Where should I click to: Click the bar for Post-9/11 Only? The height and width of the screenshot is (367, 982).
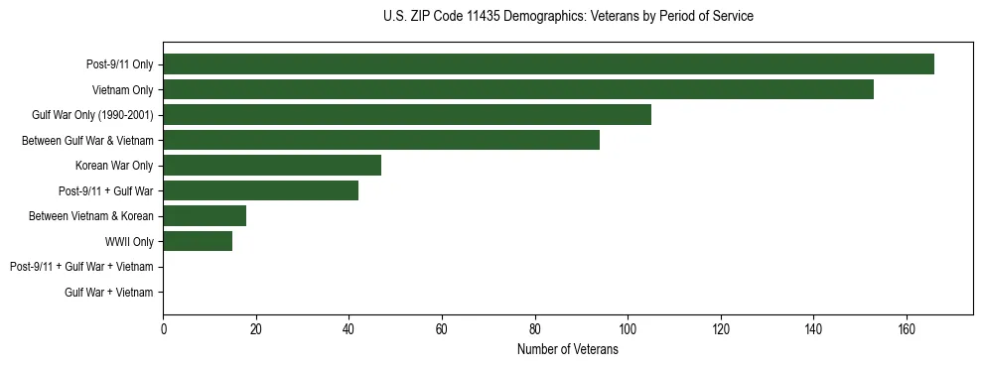[x=548, y=64]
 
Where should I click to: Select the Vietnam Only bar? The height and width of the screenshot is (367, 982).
[x=518, y=89]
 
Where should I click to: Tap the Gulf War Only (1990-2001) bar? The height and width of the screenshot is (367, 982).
[x=407, y=115]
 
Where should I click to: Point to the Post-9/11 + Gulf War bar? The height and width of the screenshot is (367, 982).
[x=260, y=190]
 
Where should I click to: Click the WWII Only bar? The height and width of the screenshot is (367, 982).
[x=198, y=241]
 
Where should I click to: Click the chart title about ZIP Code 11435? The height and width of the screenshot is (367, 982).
[x=567, y=17]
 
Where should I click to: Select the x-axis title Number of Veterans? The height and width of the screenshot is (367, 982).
[x=567, y=350]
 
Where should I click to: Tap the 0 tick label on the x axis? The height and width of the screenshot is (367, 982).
[x=163, y=329]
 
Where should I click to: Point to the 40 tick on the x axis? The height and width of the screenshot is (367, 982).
[x=349, y=329]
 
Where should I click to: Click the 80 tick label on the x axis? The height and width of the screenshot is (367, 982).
[x=534, y=329]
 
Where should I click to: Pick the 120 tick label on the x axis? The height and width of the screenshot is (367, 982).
[x=720, y=329]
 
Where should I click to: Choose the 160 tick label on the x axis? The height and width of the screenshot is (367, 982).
[x=906, y=329]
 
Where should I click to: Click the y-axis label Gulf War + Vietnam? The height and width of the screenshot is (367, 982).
[x=108, y=293]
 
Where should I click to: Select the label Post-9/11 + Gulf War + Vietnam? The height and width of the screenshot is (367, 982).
[x=81, y=267]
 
